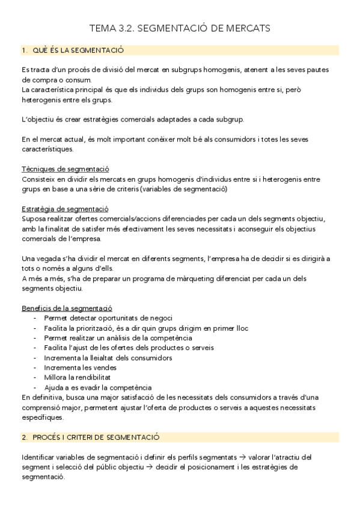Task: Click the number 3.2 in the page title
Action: pyautogui.click(x=125, y=28)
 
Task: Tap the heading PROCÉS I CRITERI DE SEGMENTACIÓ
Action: pyautogui.click(x=96, y=437)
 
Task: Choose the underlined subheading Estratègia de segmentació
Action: pyautogui.click(x=65, y=208)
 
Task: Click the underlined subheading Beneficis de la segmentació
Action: pyautogui.click(x=67, y=308)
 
